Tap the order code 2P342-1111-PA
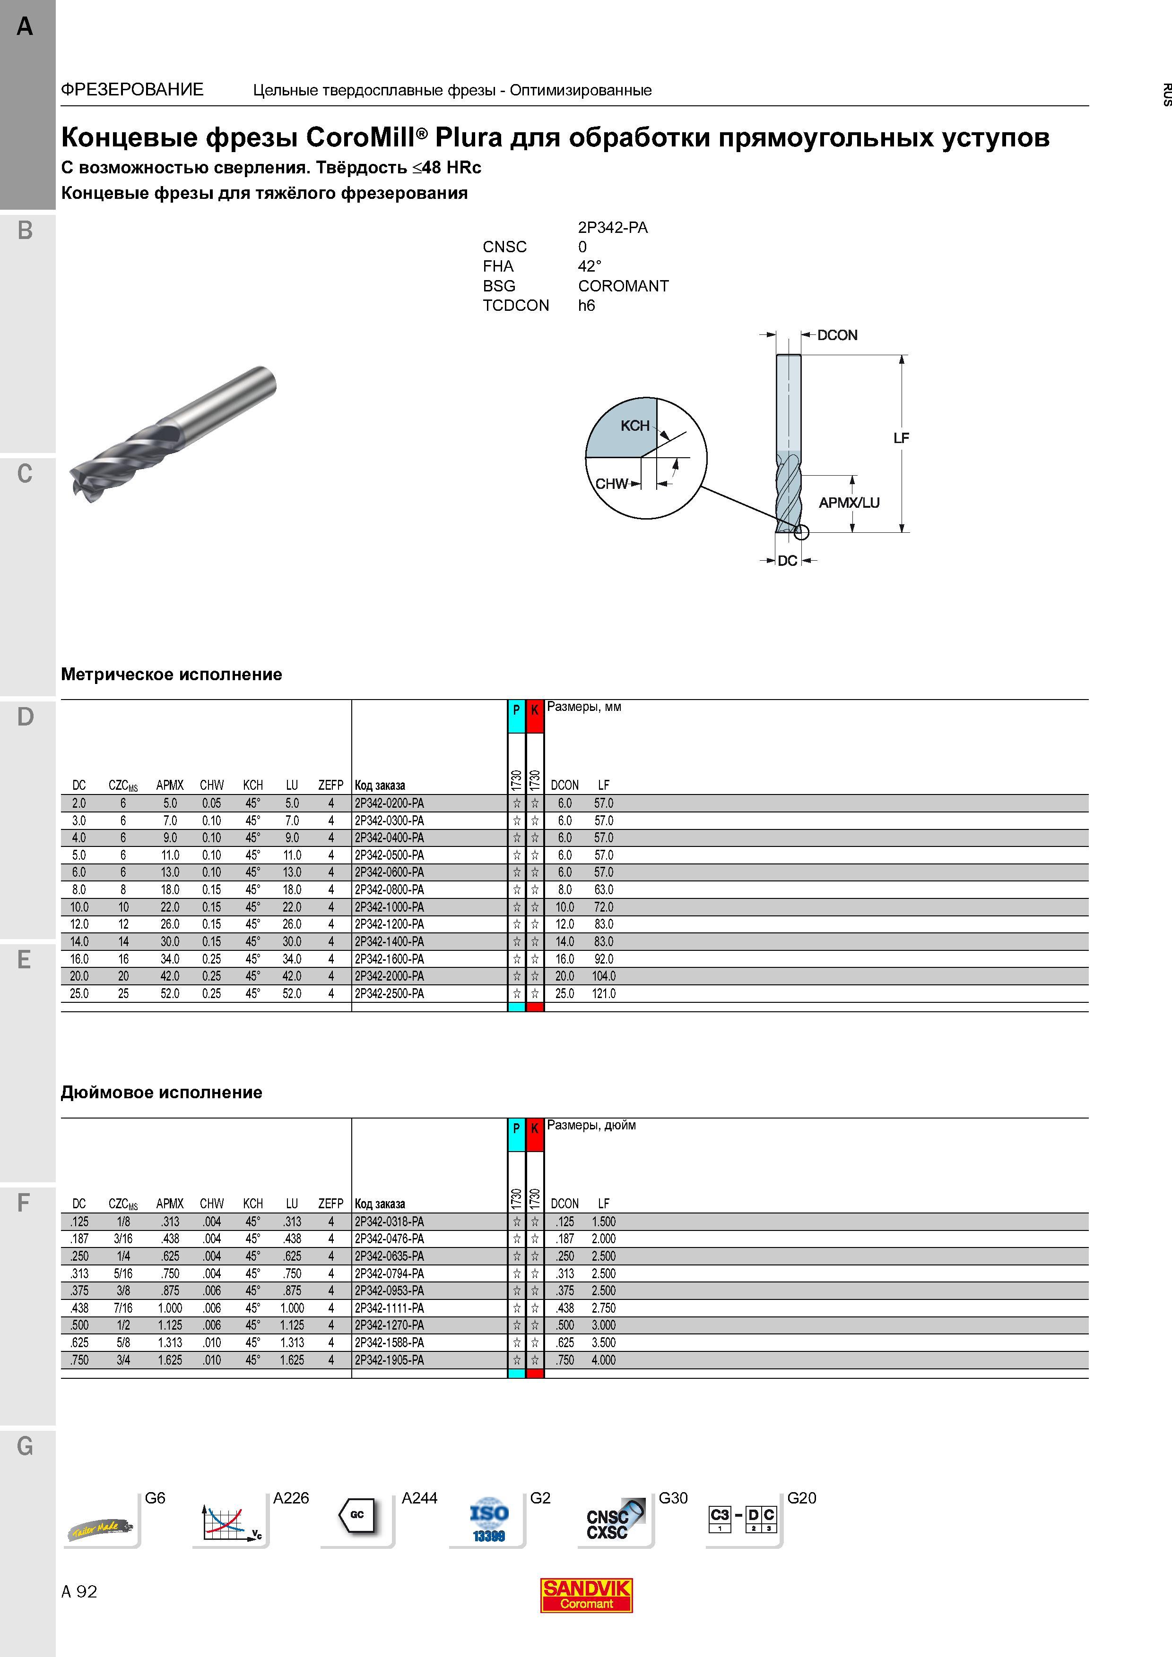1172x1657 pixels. [x=389, y=1308]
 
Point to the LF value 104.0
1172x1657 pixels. [x=604, y=976]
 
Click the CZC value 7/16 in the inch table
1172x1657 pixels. [x=123, y=1308]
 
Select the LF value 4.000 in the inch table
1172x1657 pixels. [x=604, y=1360]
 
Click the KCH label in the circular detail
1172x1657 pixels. [x=635, y=426]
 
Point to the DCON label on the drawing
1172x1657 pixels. [x=838, y=335]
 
